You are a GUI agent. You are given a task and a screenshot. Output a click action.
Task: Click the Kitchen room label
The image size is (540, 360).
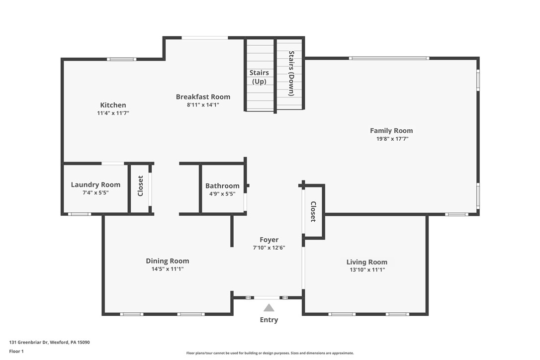coord(113,105)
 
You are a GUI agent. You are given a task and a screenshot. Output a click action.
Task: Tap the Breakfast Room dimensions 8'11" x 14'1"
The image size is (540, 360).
coord(203,105)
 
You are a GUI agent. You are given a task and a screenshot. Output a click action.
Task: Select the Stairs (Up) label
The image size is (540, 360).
coord(259,77)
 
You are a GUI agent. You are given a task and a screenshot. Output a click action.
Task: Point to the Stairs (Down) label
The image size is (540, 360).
coord(291,73)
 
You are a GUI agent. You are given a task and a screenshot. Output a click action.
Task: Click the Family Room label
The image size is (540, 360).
coord(391,131)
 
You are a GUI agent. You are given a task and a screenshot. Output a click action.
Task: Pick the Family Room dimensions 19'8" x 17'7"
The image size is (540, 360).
coord(391,139)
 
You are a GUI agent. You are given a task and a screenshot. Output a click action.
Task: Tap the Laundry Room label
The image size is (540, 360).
coord(95,184)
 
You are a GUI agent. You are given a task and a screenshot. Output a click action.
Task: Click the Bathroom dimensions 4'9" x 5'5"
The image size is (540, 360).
coord(222,193)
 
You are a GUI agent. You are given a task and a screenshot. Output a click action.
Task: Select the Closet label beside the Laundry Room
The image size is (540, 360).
coord(140,185)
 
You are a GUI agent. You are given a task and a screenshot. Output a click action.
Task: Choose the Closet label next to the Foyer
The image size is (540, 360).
coord(313,211)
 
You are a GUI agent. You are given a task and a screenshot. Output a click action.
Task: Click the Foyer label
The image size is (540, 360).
coord(269,240)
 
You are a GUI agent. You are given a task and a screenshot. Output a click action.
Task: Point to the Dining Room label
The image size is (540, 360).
coord(167,261)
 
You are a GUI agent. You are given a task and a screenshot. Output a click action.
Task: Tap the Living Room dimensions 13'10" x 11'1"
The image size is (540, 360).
coord(367,270)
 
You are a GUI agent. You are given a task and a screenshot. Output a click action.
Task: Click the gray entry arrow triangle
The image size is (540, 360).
coord(269,308)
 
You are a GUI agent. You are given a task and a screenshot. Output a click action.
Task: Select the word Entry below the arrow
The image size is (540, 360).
coord(269,320)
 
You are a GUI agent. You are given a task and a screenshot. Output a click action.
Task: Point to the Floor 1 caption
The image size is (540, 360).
coord(16,351)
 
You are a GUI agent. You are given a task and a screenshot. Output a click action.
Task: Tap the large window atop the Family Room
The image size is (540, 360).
coord(389,58)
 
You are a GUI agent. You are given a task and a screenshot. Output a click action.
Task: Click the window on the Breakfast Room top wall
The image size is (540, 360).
coord(204,38)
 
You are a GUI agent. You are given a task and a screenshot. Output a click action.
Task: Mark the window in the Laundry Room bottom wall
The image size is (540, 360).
coord(80,214)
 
